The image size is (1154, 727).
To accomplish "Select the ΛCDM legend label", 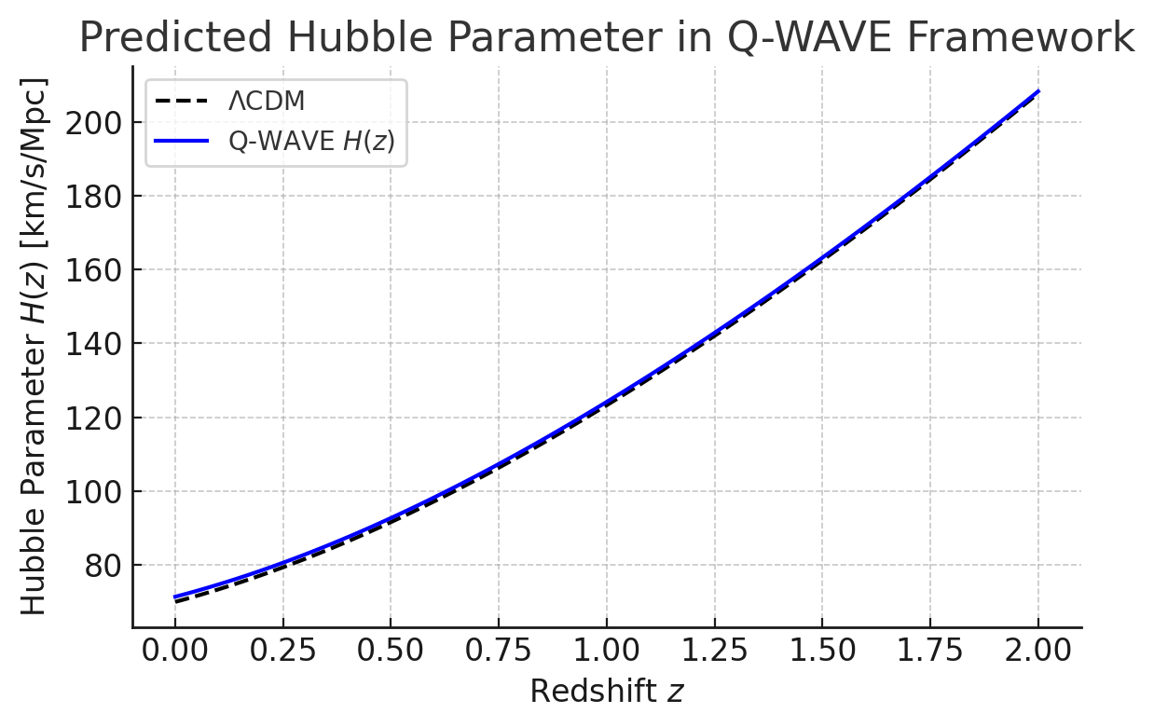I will click(267, 102).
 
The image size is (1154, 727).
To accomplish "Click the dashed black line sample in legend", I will click(184, 102).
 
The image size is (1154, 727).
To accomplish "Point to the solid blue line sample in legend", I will click(184, 141).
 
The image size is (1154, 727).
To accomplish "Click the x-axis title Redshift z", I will click(607, 692).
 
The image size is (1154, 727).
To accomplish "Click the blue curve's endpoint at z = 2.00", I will click(1038, 91).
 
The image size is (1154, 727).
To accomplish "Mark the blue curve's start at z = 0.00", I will click(174, 597).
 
